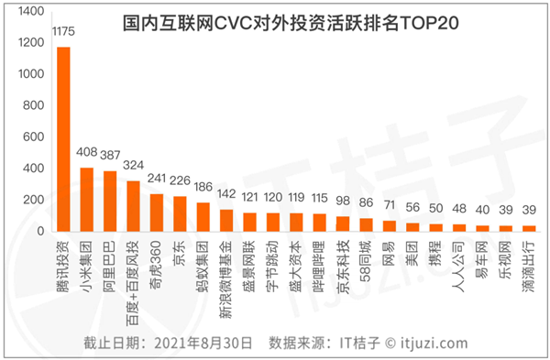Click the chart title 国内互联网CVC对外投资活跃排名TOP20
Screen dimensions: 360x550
coord(291,19)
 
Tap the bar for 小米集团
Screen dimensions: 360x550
coord(87,199)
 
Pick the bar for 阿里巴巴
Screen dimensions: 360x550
coord(110,201)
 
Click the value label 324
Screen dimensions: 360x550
coord(134,167)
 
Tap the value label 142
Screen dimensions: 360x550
coord(226,195)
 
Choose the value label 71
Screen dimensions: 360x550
coord(390,206)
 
